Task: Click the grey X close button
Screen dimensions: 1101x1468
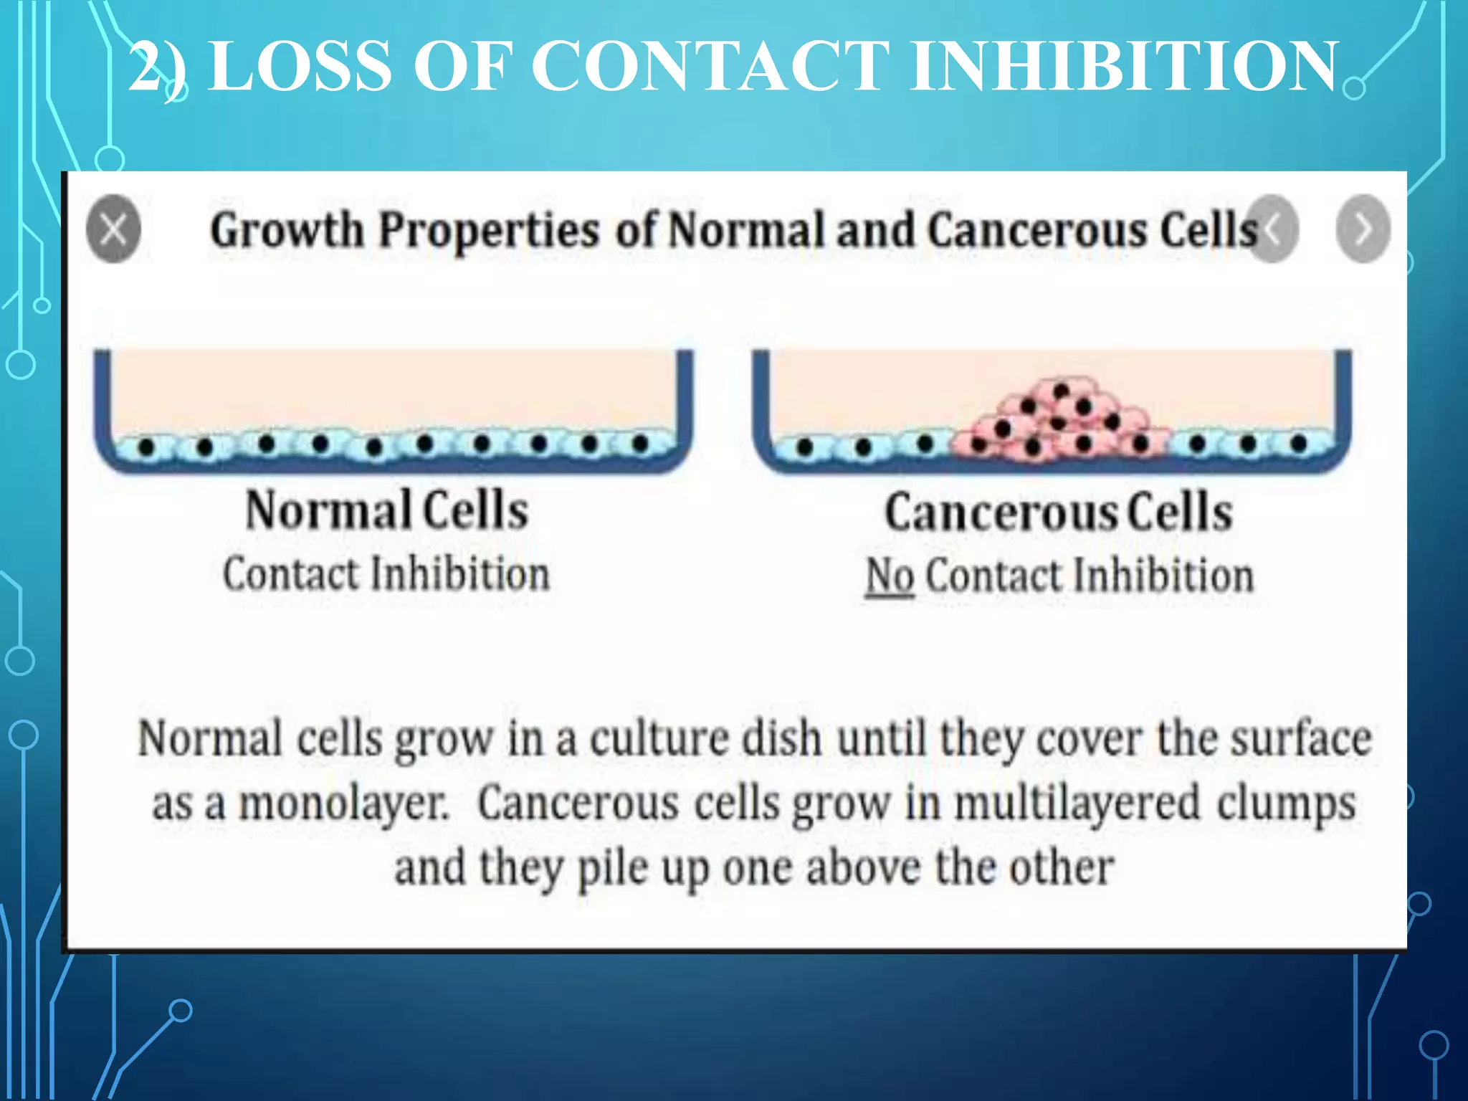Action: coord(113,229)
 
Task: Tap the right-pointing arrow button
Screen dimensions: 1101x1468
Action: coord(1363,229)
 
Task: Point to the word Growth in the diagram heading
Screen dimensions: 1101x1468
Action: coord(287,231)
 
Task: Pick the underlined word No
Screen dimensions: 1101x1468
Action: coord(890,576)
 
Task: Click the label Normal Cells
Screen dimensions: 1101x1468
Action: coord(387,510)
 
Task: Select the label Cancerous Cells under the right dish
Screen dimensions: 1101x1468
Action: coord(1059,513)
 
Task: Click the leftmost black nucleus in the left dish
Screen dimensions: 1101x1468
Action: coord(147,447)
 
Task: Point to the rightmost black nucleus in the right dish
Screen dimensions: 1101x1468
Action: coord(1298,444)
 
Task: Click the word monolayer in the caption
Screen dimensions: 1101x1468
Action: coord(343,804)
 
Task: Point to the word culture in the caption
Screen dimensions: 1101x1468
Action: coord(659,739)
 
